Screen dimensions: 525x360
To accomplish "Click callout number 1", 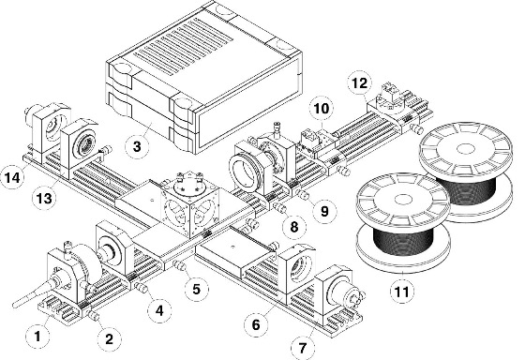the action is (37, 336).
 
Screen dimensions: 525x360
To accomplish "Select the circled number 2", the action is (109, 339).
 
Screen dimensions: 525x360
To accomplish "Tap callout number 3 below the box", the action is (137, 146).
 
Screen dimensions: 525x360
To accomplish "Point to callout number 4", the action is (159, 310).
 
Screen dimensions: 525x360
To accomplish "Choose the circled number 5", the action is (197, 289).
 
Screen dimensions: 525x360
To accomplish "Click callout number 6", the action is (256, 324).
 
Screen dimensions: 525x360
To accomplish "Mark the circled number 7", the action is (303, 348).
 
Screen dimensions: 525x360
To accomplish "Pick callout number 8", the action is (294, 227).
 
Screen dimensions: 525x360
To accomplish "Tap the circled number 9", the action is (324, 211).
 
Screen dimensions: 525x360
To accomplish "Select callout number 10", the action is (321, 108).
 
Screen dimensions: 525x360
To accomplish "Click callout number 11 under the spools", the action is (402, 292).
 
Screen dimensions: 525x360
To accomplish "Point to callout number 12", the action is (360, 83).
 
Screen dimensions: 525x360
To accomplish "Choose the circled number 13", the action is (44, 199).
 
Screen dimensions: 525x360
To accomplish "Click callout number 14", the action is (13, 177).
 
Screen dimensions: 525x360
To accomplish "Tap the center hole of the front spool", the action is (403, 200).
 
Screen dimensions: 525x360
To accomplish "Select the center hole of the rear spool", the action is (465, 148).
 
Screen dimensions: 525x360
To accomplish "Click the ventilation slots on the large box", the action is (184, 46).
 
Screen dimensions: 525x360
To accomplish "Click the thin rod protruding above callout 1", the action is (32, 295).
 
